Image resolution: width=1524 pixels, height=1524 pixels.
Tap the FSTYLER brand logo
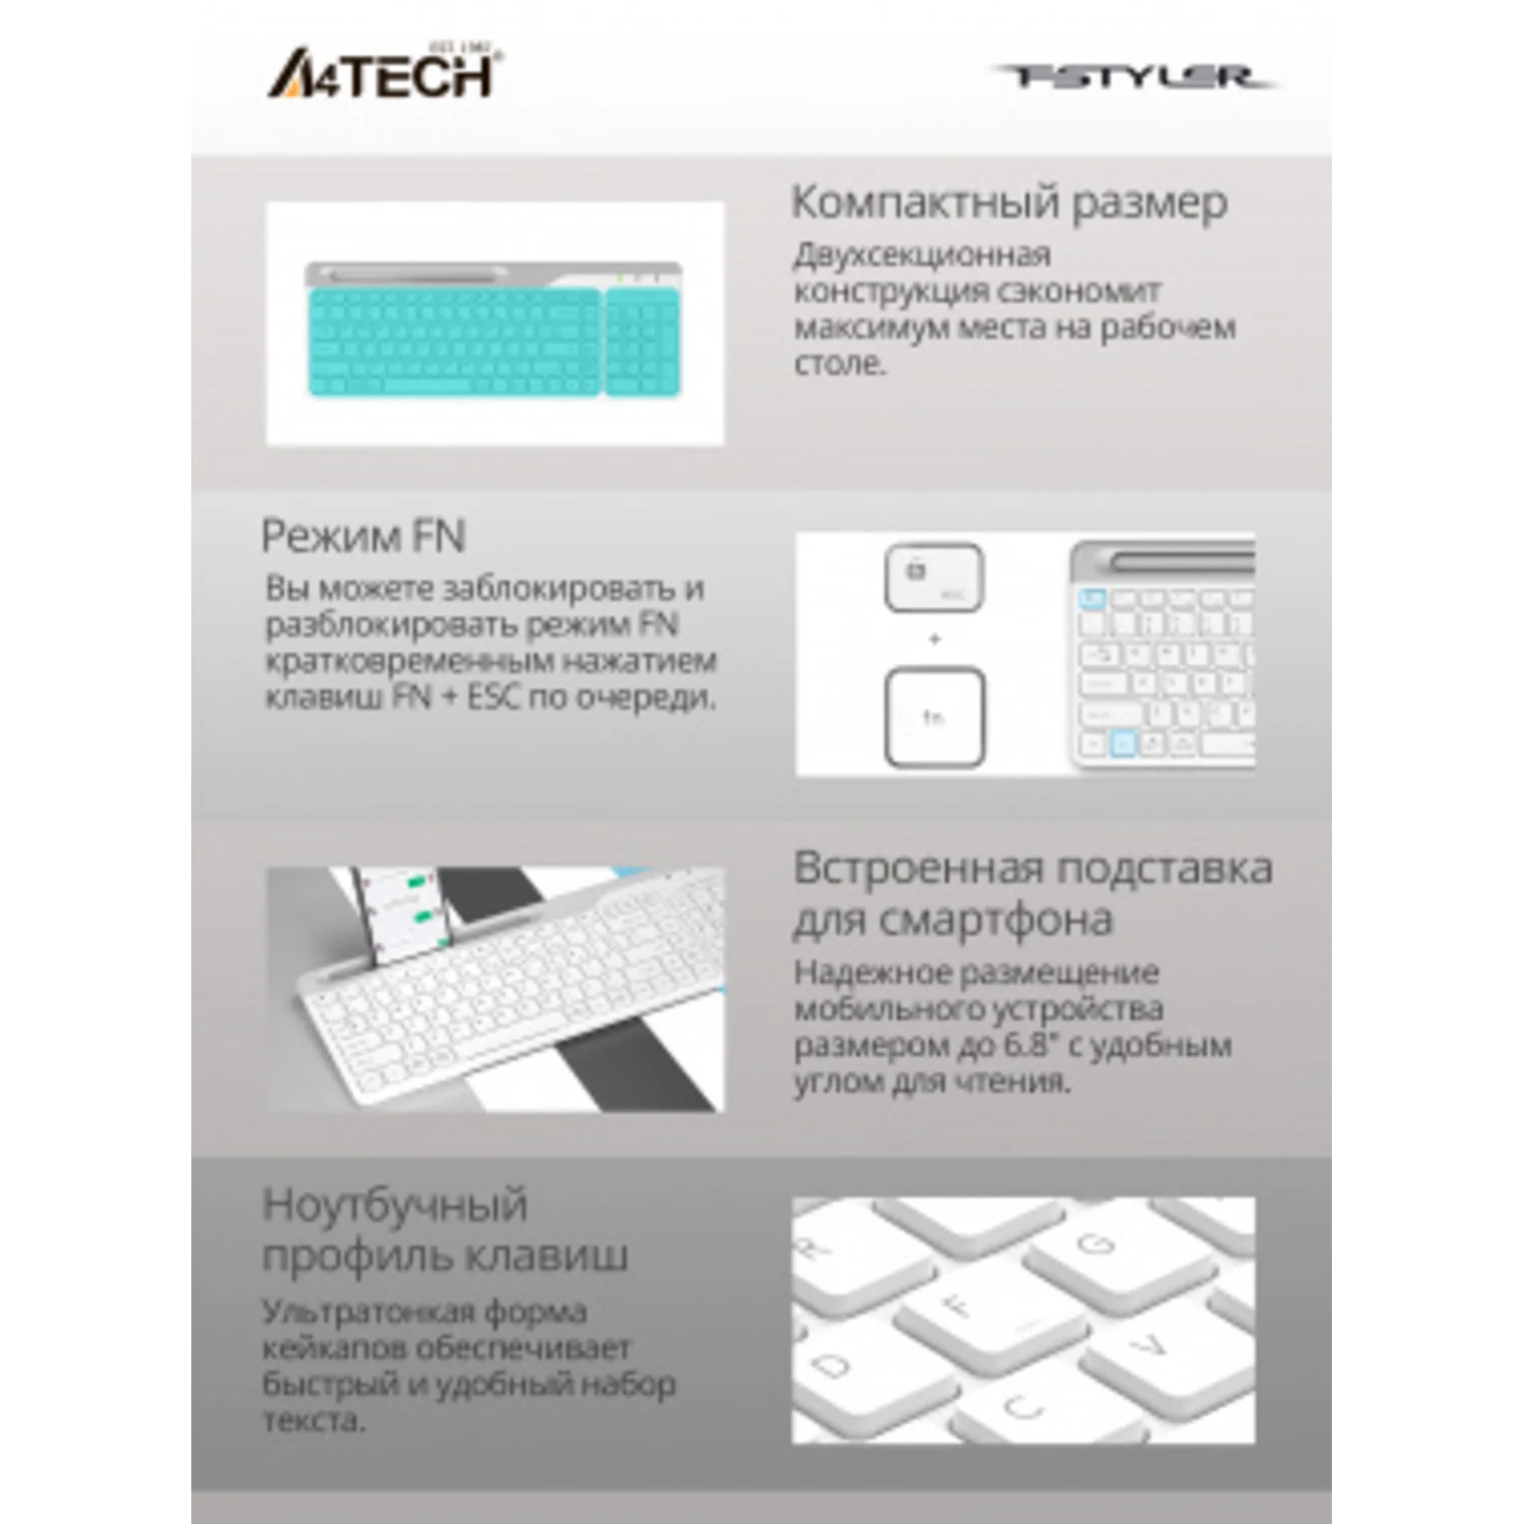[1131, 77]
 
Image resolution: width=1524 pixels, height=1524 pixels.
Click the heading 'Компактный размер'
[1009, 202]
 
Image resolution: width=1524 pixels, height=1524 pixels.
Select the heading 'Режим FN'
[363, 536]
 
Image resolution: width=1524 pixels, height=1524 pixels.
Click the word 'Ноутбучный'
[394, 1205]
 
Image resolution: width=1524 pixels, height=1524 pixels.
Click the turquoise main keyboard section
[453, 341]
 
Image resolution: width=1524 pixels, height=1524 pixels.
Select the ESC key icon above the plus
[934, 577]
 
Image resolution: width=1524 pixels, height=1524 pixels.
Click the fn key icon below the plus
[934, 718]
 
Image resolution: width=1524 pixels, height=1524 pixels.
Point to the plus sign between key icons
[934, 639]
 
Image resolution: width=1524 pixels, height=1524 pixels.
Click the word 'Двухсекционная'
[922, 256]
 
